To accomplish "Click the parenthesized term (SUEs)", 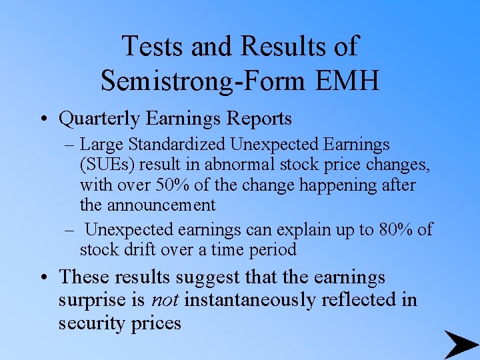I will pyautogui.click(x=105, y=164).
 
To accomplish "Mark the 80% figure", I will pyautogui.click(x=397, y=230).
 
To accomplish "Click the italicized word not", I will pyautogui.click(x=164, y=300).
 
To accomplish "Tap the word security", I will pyautogui.click(x=93, y=324).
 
